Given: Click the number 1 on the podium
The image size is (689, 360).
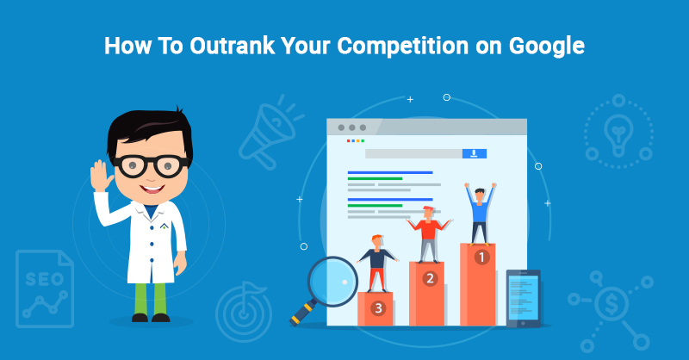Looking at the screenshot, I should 481,256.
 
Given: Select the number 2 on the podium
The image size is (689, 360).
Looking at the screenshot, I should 429,278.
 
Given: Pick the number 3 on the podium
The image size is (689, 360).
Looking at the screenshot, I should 376,307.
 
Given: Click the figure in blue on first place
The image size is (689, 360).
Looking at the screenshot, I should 479,211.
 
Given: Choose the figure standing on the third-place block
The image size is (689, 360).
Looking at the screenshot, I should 375,263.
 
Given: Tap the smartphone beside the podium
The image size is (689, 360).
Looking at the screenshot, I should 523,298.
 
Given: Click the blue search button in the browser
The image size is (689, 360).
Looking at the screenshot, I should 474,153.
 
